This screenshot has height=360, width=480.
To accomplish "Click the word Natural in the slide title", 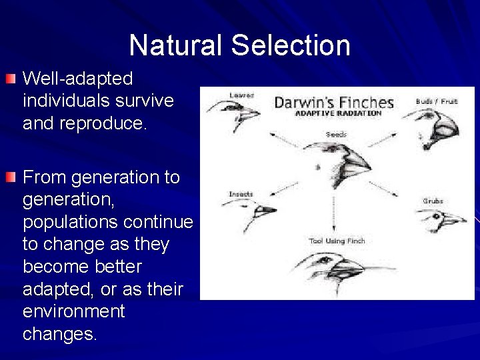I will click(x=175, y=45).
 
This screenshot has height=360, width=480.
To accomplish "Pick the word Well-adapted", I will click(x=77, y=79).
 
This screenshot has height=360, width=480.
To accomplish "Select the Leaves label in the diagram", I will click(x=241, y=95).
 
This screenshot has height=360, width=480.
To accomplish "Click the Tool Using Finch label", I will click(x=337, y=240).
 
